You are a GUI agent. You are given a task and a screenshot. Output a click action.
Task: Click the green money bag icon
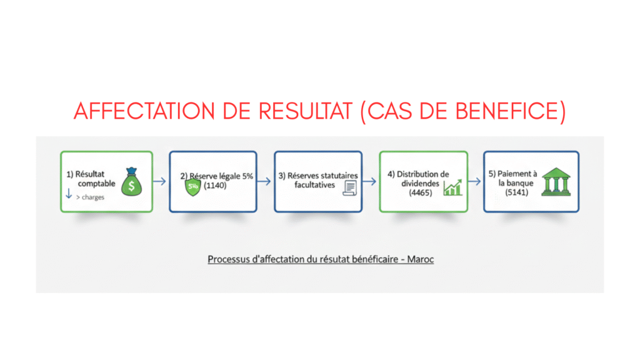pos(131,182)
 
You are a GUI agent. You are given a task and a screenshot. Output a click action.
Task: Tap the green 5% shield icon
pos(192,187)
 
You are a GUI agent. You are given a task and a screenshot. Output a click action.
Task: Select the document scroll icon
pos(350,188)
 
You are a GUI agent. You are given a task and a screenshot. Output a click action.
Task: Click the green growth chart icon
pos(452,187)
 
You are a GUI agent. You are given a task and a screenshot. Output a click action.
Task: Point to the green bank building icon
pos(556,182)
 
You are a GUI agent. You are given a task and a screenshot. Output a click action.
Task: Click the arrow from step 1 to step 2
pos(159,181)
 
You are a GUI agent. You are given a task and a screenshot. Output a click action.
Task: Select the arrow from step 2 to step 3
pos(264,181)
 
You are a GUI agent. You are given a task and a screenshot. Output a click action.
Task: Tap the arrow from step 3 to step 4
pos(369,181)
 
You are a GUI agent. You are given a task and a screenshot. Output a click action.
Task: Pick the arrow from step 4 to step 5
pos(474,181)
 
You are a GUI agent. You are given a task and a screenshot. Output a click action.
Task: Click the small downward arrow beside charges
pos(69,194)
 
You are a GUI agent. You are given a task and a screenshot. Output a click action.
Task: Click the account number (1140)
pos(215,186)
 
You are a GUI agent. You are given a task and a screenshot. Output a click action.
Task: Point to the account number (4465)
pos(421,192)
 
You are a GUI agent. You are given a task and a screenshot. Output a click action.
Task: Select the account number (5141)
pos(517,192)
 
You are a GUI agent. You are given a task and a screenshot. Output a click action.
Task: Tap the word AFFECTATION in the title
pos(144,111)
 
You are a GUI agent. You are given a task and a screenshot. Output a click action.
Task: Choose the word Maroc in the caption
pos(421,259)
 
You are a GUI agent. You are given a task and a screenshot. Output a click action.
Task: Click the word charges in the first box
pos(93,197)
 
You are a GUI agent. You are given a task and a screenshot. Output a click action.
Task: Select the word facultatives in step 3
pos(315,185)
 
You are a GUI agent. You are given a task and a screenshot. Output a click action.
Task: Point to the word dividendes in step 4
pos(420,184)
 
